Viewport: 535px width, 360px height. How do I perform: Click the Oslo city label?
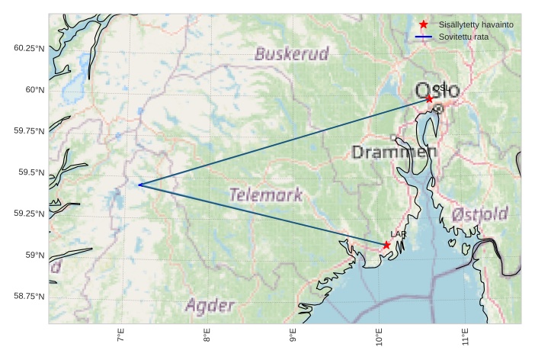[437, 91]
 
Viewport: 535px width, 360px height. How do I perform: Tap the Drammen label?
[394, 153]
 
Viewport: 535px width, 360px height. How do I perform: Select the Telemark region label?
[266, 194]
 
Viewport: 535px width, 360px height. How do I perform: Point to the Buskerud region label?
[292, 54]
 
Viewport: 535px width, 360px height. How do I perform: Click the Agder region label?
[210, 306]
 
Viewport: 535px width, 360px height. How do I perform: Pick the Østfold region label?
[479, 214]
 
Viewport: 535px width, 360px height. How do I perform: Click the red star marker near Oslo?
[429, 99]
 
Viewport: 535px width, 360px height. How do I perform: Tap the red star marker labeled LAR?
[386, 245]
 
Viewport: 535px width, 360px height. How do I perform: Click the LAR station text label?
[398, 234]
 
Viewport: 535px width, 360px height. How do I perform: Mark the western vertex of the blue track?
[139, 185]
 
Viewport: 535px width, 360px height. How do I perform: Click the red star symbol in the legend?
[424, 25]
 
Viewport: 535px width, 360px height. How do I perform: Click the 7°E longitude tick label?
[120, 336]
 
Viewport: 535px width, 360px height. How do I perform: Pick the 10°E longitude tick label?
[379, 337]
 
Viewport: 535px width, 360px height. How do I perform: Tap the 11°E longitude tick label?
[465, 337]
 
